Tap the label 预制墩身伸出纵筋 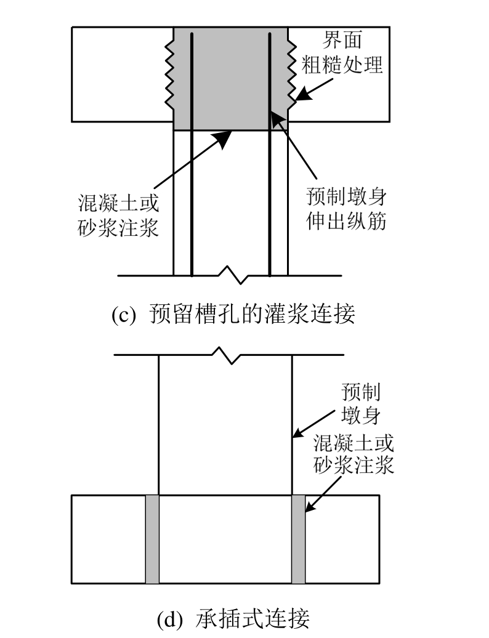click(346, 209)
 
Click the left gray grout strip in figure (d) click(152, 539)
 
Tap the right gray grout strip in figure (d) click(298, 539)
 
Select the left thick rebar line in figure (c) click(192, 154)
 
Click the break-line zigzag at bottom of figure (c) click(230, 275)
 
